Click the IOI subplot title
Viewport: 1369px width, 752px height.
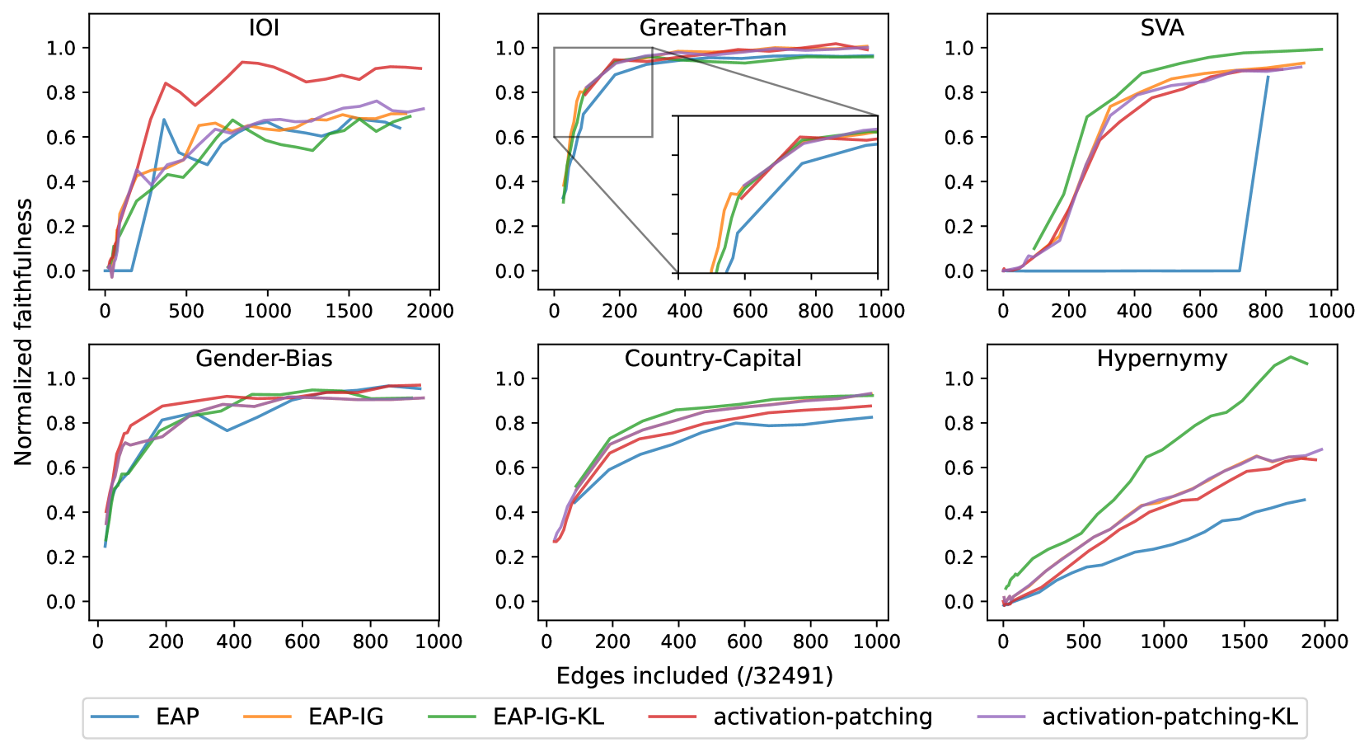(264, 28)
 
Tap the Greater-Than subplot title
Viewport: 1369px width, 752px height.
(713, 28)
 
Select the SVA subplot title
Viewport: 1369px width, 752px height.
(1162, 28)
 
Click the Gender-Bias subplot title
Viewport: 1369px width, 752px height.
(264, 359)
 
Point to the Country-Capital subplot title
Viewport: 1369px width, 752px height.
(713, 359)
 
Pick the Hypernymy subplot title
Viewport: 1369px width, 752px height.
(1162, 359)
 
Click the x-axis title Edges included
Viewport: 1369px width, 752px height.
(694, 676)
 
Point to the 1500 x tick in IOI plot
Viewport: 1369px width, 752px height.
(349, 311)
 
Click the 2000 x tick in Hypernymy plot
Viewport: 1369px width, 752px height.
(1324, 642)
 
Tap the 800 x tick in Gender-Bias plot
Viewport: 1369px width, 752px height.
(370, 642)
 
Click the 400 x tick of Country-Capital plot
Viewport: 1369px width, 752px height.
(678, 642)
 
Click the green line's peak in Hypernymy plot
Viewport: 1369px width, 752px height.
(1291, 357)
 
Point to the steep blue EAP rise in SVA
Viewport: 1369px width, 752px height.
(1254, 173)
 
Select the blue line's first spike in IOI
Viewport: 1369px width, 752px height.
(164, 120)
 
